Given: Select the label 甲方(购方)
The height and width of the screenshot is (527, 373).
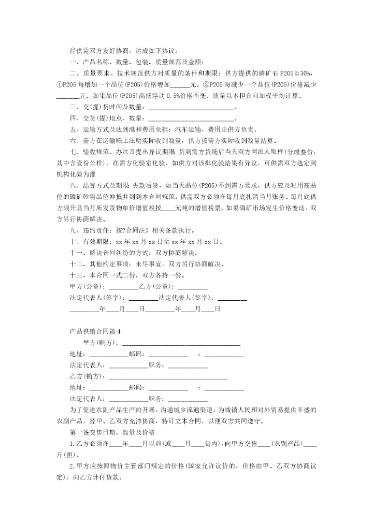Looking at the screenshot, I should (x=101, y=343).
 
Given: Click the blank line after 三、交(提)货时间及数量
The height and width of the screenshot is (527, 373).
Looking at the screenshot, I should (x=191, y=108).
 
